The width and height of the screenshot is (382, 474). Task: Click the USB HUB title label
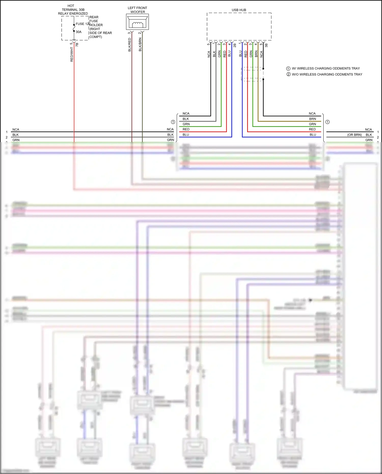click(x=239, y=10)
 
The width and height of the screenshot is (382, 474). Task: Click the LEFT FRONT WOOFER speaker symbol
click(x=137, y=22)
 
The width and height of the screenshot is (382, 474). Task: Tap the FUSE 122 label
click(x=83, y=24)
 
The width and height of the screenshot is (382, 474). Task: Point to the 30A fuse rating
click(x=78, y=32)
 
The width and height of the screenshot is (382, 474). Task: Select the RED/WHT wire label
click(x=72, y=54)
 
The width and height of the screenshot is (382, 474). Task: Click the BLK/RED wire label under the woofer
click(x=129, y=45)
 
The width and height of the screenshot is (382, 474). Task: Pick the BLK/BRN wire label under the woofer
click(x=140, y=45)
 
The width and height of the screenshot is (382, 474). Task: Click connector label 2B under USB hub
click(x=235, y=45)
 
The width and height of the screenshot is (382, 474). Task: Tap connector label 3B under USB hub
click(x=266, y=45)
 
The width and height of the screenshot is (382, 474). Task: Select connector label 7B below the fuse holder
click(x=77, y=44)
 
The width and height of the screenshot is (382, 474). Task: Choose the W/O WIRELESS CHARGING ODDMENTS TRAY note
click(x=327, y=74)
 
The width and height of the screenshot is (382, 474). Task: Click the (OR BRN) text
click(x=354, y=135)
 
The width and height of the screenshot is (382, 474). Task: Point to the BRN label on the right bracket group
click(x=312, y=119)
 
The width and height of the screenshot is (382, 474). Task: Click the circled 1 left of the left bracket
click(x=173, y=122)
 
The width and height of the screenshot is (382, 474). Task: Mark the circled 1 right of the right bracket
click(x=328, y=122)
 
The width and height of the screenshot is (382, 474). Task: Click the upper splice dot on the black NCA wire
click(x=263, y=69)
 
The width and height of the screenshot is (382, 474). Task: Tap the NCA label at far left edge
click(x=16, y=130)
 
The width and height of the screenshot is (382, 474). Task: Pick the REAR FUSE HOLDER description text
click(x=100, y=27)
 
